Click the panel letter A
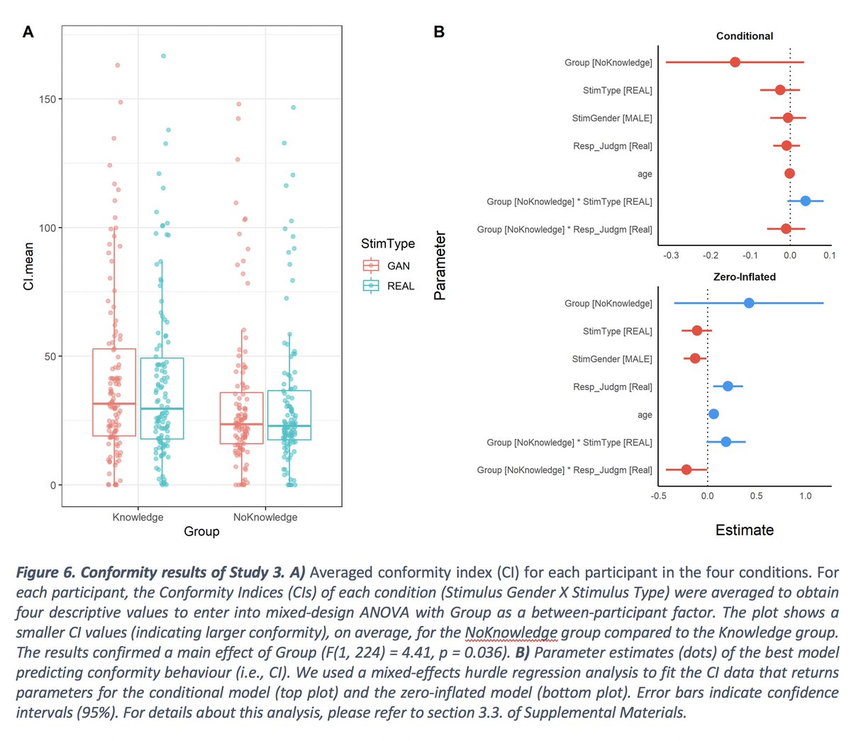coord(28,32)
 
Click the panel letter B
coord(439,32)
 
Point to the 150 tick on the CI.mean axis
coord(48,99)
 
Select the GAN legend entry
coord(398,266)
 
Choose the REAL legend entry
coord(400,286)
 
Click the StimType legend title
coord(388,244)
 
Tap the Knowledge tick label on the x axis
coord(138,517)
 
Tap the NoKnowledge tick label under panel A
coord(265,517)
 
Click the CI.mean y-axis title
coord(28,266)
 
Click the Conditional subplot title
coord(744,36)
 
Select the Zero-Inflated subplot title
coord(744,277)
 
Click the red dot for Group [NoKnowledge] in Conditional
coord(735,62)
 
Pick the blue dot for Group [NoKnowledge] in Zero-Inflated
coord(749,303)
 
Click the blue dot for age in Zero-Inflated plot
coord(713,414)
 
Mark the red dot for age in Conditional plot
coord(789,174)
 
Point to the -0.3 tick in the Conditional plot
coord(670,255)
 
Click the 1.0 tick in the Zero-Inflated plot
coord(805,496)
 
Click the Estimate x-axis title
coord(744,530)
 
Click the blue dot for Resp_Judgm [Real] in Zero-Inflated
coord(728,386)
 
